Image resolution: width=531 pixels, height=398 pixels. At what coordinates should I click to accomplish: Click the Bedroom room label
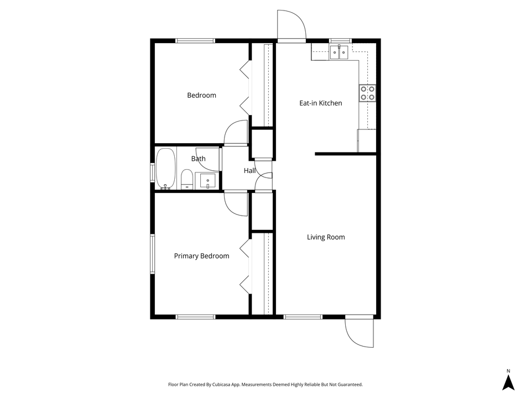[201, 95]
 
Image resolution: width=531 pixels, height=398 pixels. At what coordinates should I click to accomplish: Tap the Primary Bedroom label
[201, 256]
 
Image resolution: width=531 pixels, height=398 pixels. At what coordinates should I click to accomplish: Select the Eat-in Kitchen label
[320, 103]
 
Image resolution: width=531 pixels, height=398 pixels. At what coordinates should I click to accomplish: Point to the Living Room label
[326, 237]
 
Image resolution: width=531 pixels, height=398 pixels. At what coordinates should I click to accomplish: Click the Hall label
[249, 171]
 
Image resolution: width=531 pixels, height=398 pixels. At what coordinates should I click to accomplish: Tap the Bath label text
[198, 159]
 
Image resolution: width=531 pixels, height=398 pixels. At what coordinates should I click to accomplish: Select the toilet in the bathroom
[186, 179]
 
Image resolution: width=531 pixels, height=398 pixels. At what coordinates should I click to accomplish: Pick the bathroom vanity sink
[207, 181]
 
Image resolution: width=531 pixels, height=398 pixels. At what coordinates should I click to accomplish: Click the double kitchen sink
[339, 53]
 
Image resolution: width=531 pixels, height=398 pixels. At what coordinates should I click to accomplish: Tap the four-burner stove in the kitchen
[367, 93]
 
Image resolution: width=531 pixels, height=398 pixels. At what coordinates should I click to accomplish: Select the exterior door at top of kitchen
[291, 27]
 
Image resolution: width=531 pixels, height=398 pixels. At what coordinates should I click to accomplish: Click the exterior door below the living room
[358, 332]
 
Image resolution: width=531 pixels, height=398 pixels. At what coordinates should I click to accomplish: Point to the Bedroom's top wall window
[195, 40]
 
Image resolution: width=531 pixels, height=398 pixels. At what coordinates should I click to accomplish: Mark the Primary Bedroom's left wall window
[152, 254]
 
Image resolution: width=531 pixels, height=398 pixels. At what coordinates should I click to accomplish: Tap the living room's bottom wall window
[303, 317]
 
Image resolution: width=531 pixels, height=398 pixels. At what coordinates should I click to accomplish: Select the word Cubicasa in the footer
[228, 384]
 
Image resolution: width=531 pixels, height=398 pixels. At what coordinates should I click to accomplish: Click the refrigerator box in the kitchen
[367, 140]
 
